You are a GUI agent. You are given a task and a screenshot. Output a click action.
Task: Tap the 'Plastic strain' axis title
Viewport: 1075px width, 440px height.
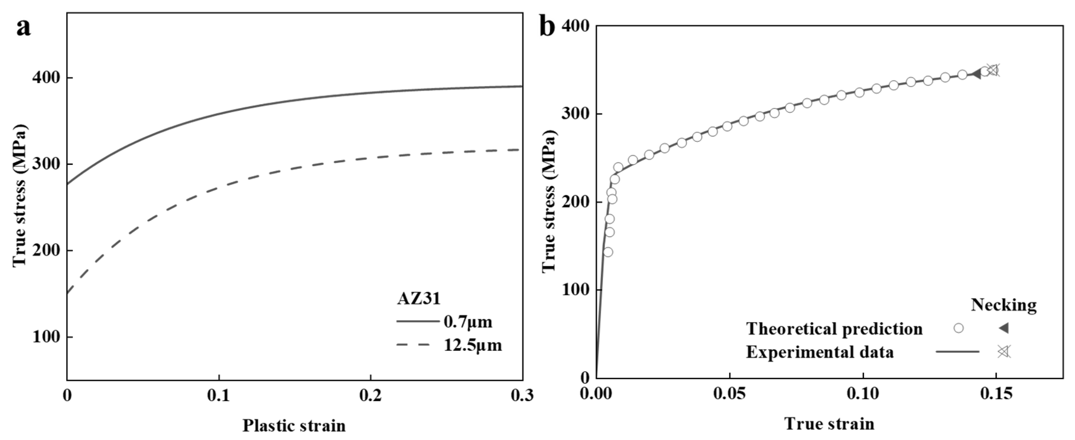(x=294, y=426)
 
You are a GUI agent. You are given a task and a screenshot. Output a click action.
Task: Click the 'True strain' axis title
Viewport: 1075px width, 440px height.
(x=829, y=424)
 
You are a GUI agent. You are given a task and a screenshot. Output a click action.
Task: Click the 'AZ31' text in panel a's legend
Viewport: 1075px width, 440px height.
(x=419, y=299)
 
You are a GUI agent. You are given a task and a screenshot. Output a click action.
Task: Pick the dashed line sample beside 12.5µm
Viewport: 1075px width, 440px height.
(x=413, y=345)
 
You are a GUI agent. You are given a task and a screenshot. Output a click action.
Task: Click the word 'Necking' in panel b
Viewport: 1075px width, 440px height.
(x=1004, y=305)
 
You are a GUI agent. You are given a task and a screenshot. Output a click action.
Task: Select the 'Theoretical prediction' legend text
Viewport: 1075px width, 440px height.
(x=834, y=329)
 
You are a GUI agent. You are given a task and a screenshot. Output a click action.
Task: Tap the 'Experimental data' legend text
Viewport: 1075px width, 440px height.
(x=820, y=352)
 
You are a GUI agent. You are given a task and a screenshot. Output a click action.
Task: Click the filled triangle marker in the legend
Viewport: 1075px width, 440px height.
(x=1004, y=328)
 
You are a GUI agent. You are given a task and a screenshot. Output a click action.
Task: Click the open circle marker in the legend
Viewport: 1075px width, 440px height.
(x=959, y=328)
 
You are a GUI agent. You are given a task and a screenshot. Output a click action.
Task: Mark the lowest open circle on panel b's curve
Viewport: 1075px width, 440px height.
(x=608, y=252)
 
